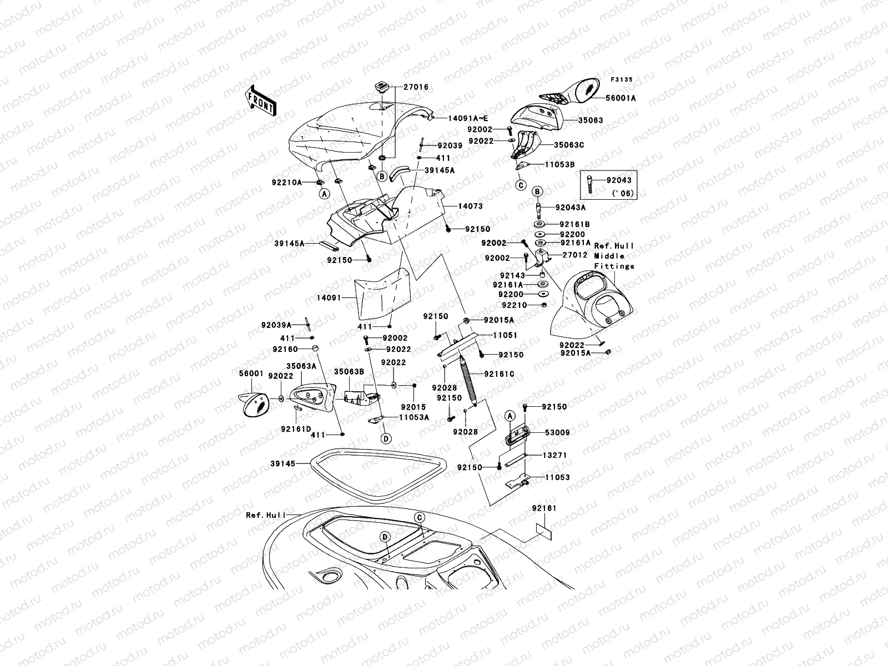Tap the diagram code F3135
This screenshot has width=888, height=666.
point(622,80)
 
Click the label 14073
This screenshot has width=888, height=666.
point(470,206)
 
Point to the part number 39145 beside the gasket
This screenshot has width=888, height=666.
point(282,463)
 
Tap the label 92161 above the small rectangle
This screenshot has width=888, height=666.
point(543,508)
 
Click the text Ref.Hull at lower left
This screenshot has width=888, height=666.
point(266,515)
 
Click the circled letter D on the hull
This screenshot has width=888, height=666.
point(384,537)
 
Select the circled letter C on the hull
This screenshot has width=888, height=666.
point(420,517)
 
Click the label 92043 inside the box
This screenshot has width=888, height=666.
point(618,180)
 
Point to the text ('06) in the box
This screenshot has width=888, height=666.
point(624,194)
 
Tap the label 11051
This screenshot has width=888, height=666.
point(505,335)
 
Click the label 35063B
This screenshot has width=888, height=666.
point(349,371)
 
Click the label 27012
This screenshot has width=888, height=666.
point(574,255)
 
